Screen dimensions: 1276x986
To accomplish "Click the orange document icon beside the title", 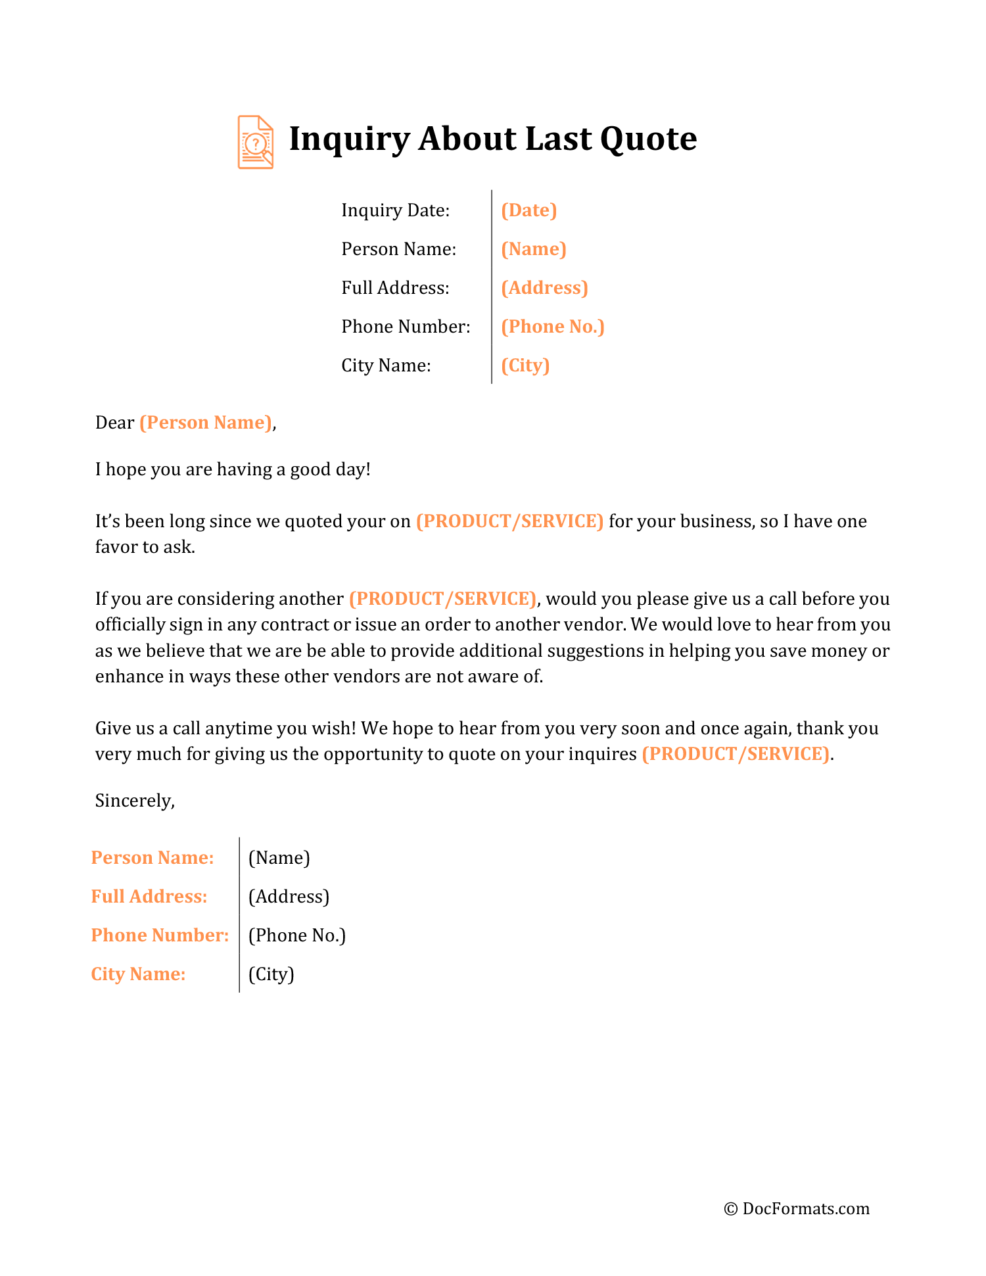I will [x=255, y=142].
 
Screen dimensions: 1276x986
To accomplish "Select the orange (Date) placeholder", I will [x=528, y=210].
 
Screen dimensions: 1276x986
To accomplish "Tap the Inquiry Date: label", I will [x=395, y=210].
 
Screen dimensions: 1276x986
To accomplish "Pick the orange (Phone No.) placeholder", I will [x=552, y=327].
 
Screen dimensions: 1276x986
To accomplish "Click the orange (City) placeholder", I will [x=525, y=366].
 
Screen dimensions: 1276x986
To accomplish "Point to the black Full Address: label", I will [x=395, y=288].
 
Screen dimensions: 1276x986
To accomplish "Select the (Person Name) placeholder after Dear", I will [x=206, y=423].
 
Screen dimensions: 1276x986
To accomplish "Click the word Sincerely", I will [x=134, y=801].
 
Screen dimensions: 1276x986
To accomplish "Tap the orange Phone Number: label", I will [x=160, y=935].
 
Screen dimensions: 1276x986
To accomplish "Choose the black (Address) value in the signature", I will [x=289, y=897].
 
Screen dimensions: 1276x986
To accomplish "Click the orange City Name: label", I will [x=138, y=974].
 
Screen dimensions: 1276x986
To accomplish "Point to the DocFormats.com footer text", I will [x=805, y=1209].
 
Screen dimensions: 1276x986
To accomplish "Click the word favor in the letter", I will [x=116, y=547].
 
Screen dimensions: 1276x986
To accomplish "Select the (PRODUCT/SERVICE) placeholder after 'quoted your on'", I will [x=509, y=521].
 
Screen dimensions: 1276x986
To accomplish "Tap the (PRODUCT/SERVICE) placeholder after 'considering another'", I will [x=442, y=599].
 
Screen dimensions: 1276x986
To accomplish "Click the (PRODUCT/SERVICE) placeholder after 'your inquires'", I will [x=736, y=754].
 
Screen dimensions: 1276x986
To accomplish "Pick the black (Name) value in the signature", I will [x=279, y=858].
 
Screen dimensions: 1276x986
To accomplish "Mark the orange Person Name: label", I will [x=153, y=858].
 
